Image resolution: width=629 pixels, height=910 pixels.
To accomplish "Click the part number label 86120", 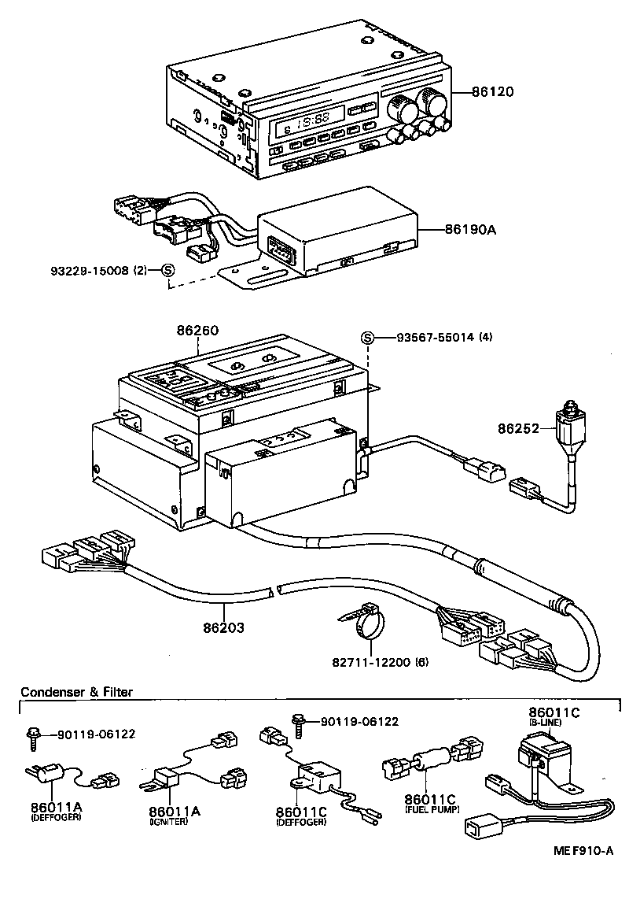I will [493, 92].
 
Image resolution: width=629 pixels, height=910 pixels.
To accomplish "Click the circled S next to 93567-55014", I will [366, 338].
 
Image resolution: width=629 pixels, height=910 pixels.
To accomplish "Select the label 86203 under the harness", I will [223, 628].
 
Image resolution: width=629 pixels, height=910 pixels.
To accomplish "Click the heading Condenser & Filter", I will [76, 692].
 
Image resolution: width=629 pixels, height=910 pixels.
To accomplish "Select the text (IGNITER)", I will [168, 821].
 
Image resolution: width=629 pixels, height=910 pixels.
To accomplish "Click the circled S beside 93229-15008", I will [167, 270].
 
